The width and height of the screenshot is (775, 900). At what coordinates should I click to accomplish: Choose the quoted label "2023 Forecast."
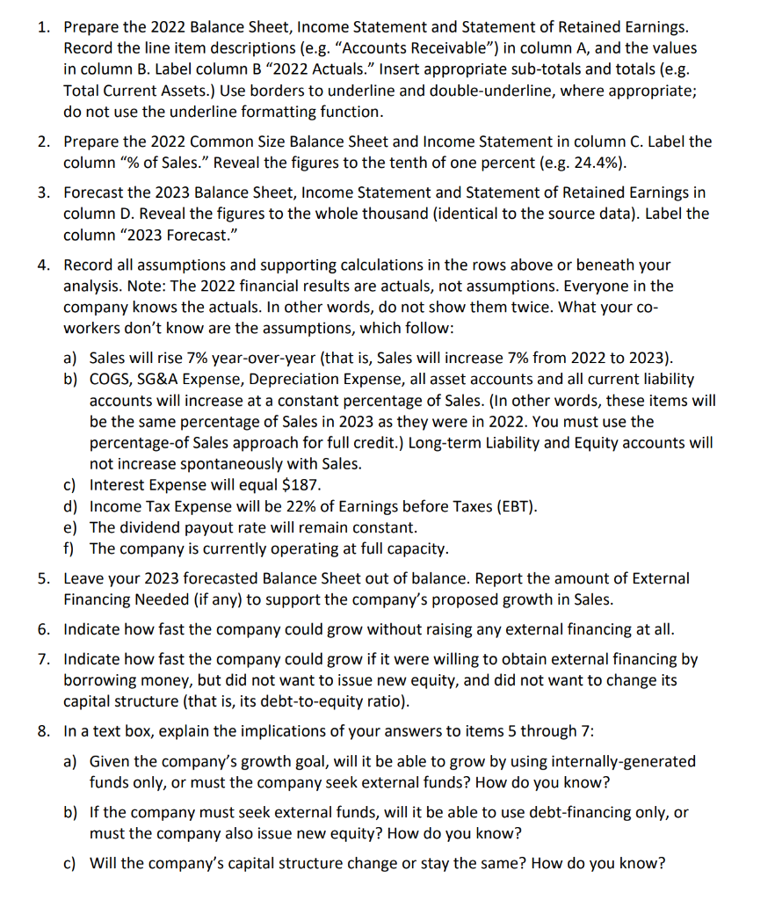(x=175, y=236)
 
